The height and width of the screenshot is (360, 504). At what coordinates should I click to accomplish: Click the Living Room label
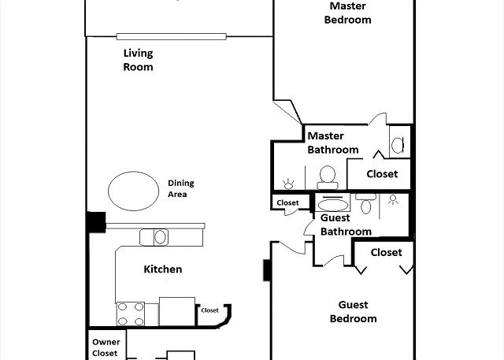click(139, 60)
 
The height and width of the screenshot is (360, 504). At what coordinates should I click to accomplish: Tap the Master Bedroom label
click(348, 13)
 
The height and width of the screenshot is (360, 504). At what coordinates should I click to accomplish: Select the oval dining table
click(133, 191)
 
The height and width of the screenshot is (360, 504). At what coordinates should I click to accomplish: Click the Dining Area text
click(181, 189)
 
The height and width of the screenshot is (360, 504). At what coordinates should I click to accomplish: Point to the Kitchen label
click(163, 269)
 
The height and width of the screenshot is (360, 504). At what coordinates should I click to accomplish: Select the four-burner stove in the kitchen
click(131, 314)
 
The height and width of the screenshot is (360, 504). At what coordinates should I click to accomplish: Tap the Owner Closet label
click(106, 347)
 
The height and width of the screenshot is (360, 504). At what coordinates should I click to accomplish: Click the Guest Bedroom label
click(354, 311)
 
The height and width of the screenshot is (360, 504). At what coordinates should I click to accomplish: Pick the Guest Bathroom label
click(346, 225)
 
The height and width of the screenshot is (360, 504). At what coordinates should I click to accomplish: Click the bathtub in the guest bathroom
click(332, 202)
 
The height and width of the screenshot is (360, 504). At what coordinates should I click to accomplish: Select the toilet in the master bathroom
click(328, 177)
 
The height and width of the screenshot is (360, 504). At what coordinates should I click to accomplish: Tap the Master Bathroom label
click(333, 143)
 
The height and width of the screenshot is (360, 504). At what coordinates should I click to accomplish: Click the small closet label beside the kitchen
click(210, 310)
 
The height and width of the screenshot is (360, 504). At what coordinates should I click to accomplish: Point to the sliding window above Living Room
click(172, 37)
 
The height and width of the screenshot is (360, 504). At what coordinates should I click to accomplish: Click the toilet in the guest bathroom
click(365, 204)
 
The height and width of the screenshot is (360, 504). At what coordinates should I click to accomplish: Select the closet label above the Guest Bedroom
click(386, 252)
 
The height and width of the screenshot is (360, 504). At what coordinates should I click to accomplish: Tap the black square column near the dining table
click(96, 222)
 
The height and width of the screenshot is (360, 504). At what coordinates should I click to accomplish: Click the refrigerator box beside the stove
click(177, 311)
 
